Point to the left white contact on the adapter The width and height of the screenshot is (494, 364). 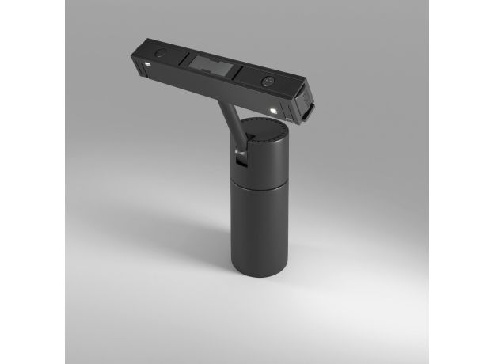(x=148, y=62)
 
